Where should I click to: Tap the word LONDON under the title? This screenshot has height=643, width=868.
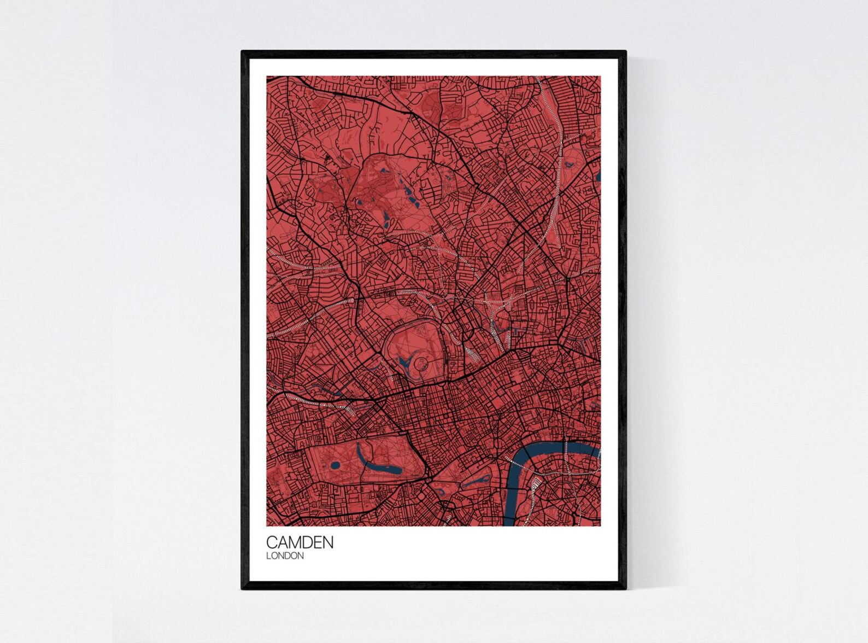285,556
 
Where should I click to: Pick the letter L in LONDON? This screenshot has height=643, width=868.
268,556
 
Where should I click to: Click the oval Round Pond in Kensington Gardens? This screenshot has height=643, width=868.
335,466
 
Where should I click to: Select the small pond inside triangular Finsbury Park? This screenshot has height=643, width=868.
571,163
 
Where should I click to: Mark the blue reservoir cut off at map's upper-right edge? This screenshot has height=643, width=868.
599,176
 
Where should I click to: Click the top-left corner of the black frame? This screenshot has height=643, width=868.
243,52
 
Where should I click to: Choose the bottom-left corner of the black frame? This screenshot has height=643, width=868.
243,588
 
